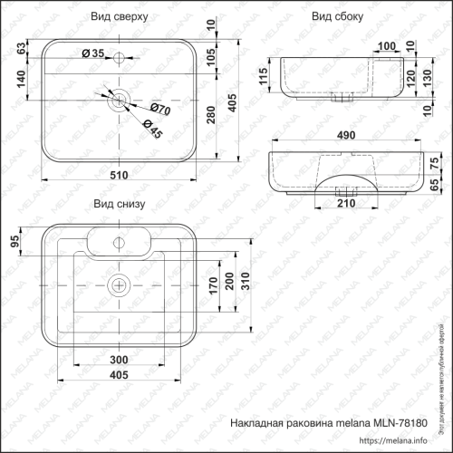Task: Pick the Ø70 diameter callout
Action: [x=159, y=110]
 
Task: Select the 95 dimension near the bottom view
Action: [x=14, y=241]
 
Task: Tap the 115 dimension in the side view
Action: [x=262, y=76]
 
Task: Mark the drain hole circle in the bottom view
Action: [x=118, y=285]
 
